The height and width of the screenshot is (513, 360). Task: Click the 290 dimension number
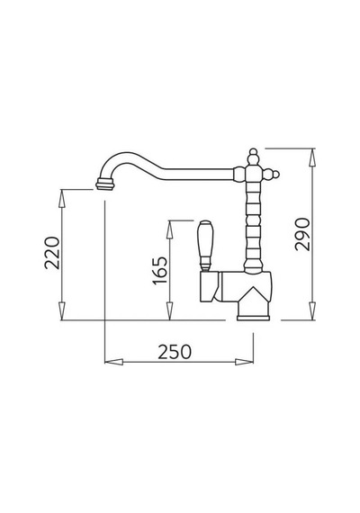tap(301, 234)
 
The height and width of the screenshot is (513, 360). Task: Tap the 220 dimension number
tap(52, 253)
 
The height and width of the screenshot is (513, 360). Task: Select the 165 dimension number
tap(160, 271)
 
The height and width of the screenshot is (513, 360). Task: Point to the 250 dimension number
tap(175, 352)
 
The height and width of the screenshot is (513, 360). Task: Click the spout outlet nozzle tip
tap(105, 184)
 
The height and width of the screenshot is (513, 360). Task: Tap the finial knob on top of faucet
tap(253, 157)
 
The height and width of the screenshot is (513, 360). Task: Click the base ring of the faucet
tap(253, 318)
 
